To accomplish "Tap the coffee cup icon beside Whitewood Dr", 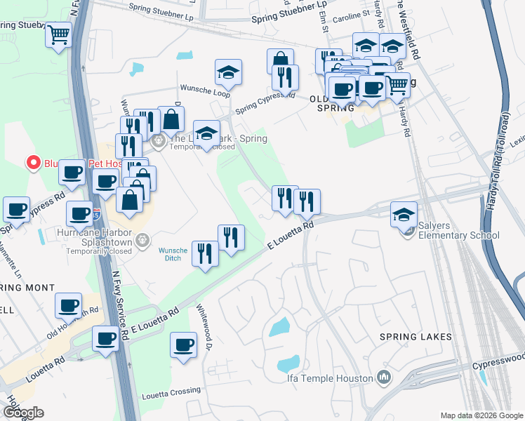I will click(x=184, y=345).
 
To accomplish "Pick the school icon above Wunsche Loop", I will click(x=228, y=72).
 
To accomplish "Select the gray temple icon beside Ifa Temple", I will click(x=383, y=378).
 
